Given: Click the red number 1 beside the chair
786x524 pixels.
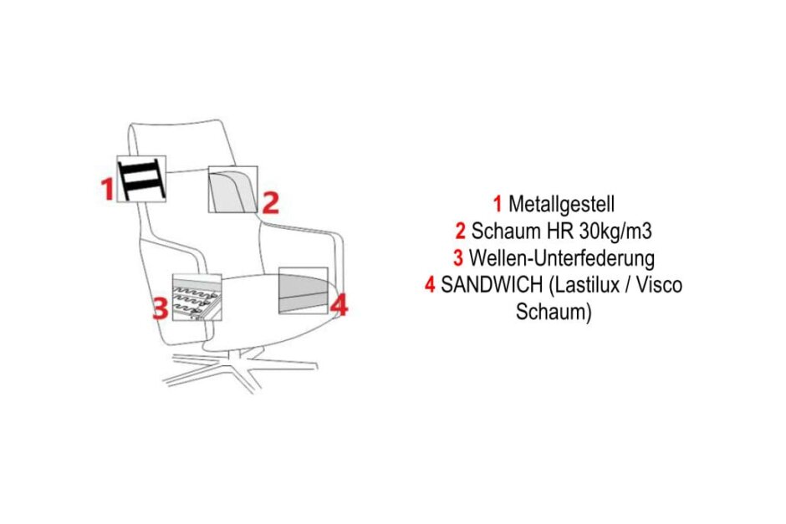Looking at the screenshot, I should point(107,190).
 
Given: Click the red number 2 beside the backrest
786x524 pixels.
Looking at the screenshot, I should point(270,202).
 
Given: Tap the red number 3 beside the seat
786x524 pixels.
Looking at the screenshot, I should point(160,310).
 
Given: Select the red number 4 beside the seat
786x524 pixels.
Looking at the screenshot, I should point(338,306).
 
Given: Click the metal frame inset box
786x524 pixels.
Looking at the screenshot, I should point(141,179).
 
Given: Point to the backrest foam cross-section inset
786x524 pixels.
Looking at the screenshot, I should point(232,190).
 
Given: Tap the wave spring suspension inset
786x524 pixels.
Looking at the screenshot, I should point(197,298).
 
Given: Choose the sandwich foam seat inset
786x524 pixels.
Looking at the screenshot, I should point(303,290).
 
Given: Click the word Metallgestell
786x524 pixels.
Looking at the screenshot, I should point(561,203).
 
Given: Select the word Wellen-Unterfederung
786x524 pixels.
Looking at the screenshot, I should point(562,257).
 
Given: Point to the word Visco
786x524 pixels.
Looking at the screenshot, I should point(658,285).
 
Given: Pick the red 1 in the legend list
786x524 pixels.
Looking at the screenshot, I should point(498,203).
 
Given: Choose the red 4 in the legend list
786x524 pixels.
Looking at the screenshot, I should point(430,285).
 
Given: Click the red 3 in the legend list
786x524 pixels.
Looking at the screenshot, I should point(458,257).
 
